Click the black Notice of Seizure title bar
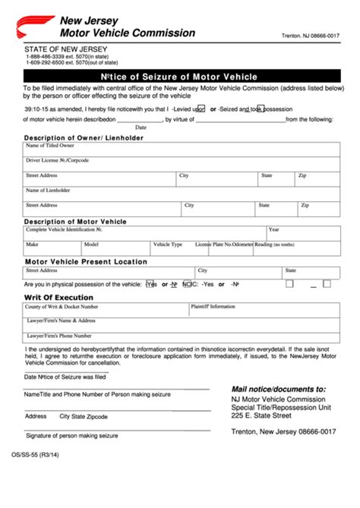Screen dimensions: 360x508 [x=180, y=76]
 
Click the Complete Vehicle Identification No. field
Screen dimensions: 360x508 [x=144, y=232]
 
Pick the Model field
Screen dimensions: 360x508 [x=115, y=248]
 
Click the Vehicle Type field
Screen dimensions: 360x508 [x=171, y=248]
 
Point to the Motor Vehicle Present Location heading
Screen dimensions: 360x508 [x=86, y=261]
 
